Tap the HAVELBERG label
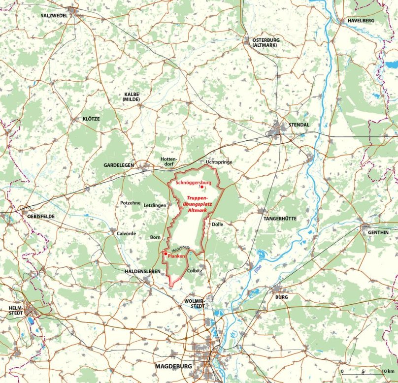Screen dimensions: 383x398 [x=361, y=21]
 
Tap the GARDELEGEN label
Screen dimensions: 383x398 [x=118, y=165]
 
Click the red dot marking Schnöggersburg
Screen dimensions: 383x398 [x=202, y=188]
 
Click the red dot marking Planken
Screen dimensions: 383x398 [x=166, y=254]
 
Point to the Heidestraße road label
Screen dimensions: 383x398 [x=181, y=249]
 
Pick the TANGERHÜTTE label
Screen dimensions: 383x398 [x=280, y=218]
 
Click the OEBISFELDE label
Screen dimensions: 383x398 [x=38, y=216]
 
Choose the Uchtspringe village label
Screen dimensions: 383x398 [x=219, y=162]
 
